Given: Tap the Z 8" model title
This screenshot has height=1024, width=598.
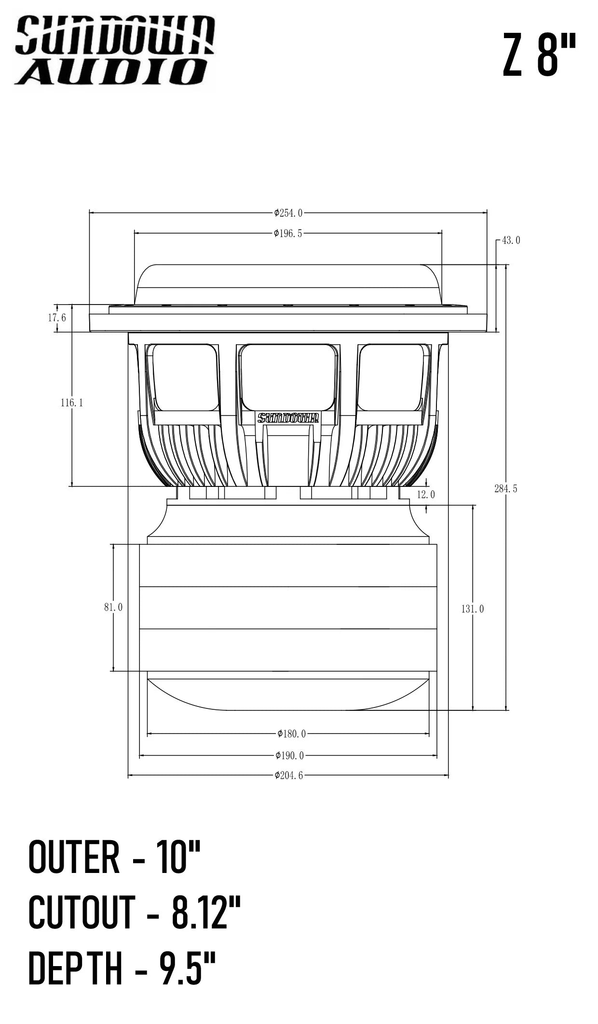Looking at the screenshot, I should [x=539, y=55].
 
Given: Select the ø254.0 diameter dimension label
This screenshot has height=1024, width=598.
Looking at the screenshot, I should [x=288, y=213].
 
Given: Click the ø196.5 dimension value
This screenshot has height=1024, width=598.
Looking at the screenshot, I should [x=288, y=234].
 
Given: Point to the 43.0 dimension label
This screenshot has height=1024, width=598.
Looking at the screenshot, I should [x=511, y=240].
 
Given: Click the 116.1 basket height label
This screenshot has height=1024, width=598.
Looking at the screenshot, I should [x=71, y=402].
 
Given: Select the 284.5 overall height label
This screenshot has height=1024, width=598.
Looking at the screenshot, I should [x=505, y=489].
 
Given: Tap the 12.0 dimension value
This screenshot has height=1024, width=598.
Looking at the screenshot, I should [x=426, y=495].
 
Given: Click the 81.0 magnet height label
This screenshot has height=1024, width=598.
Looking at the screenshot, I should [x=113, y=608].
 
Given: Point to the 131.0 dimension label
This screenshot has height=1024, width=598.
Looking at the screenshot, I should [x=472, y=609].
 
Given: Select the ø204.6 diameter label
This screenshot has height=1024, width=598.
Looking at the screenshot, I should [x=289, y=775].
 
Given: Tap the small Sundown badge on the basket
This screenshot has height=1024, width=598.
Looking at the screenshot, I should [x=288, y=418].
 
